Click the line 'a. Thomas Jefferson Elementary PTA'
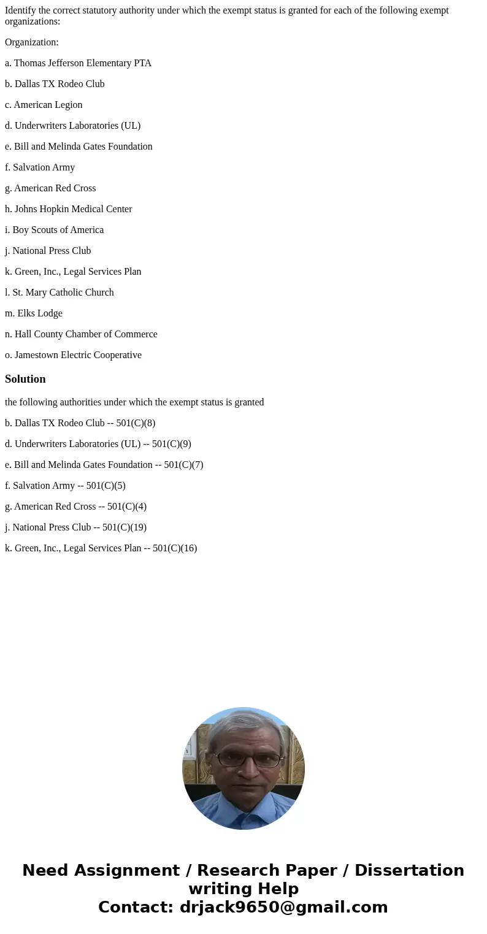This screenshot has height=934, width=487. pyautogui.click(x=78, y=63)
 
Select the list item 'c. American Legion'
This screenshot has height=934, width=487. pyautogui.click(x=44, y=105)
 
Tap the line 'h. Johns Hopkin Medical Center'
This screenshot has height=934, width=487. pyautogui.click(x=69, y=209)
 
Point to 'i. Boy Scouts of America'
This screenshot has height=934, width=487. pyautogui.click(x=54, y=230)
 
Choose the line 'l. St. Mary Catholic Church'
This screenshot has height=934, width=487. pyautogui.click(x=59, y=293)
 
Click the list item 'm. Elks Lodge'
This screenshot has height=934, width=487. pyautogui.click(x=34, y=313)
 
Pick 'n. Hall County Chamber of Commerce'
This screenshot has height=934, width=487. pyautogui.click(x=81, y=334)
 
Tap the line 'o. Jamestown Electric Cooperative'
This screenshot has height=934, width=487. pyautogui.click(x=73, y=355)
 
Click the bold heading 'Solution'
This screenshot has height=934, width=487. pyautogui.click(x=25, y=379)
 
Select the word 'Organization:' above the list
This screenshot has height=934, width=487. pyautogui.click(x=32, y=42)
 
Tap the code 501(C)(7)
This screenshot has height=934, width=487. pyautogui.click(x=183, y=465)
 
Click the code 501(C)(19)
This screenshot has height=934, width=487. pyautogui.click(x=125, y=527)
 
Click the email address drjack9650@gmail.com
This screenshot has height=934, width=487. pyautogui.click(x=283, y=907)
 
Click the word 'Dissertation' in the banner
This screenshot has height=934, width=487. pyautogui.click(x=409, y=870)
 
